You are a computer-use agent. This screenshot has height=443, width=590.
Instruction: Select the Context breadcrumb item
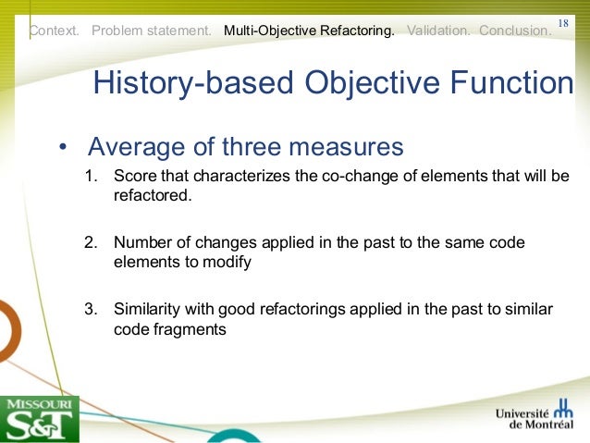pyautogui.click(x=55, y=31)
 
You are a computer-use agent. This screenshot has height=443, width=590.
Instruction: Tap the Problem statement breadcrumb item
pyautogui.click(x=152, y=31)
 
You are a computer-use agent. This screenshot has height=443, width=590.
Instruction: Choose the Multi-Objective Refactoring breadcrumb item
pyautogui.click(x=309, y=31)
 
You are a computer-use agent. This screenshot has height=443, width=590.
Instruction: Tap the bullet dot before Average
pyautogui.click(x=62, y=149)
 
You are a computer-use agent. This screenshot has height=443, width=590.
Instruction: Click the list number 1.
pyautogui.click(x=91, y=177)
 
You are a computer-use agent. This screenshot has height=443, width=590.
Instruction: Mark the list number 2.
pyautogui.click(x=91, y=242)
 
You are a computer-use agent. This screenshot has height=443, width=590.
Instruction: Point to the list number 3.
pyautogui.click(x=91, y=308)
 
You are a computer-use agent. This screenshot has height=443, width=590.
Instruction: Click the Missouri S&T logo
pyautogui.click(x=39, y=418)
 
